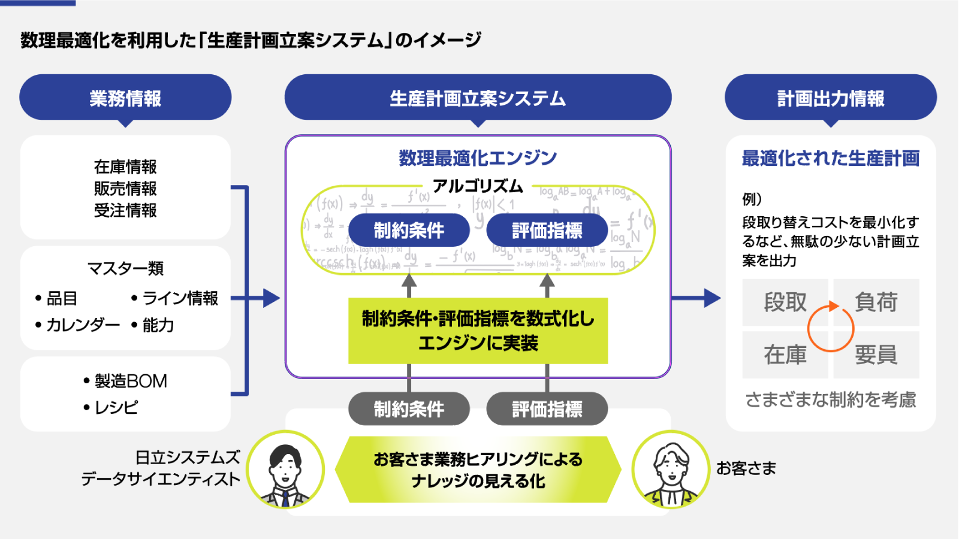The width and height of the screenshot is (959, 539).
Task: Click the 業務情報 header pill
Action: [x=125, y=98]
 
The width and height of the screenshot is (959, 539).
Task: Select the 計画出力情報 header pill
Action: [x=830, y=98]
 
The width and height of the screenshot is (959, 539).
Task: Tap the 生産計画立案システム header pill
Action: [x=478, y=98]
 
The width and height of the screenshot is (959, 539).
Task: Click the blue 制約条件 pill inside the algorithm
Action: [x=409, y=231]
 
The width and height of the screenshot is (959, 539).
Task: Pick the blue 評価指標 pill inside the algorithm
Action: [x=547, y=231]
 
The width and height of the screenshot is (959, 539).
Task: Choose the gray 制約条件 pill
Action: [x=409, y=409]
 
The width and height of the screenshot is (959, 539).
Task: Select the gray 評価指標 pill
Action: [x=547, y=409]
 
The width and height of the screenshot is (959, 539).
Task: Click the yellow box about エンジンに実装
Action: [x=478, y=331]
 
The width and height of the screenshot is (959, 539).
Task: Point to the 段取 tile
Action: [x=785, y=302]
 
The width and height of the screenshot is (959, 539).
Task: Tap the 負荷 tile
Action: [x=876, y=302]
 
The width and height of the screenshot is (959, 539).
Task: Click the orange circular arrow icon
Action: [x=831, y=328]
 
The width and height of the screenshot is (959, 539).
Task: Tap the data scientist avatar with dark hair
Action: [x=285, y=470]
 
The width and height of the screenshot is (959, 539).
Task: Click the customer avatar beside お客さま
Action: [x=671, y=470]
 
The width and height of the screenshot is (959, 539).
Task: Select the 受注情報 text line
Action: [x=125, y=211]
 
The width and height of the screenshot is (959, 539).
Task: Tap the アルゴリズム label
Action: [x=478, y=186]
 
